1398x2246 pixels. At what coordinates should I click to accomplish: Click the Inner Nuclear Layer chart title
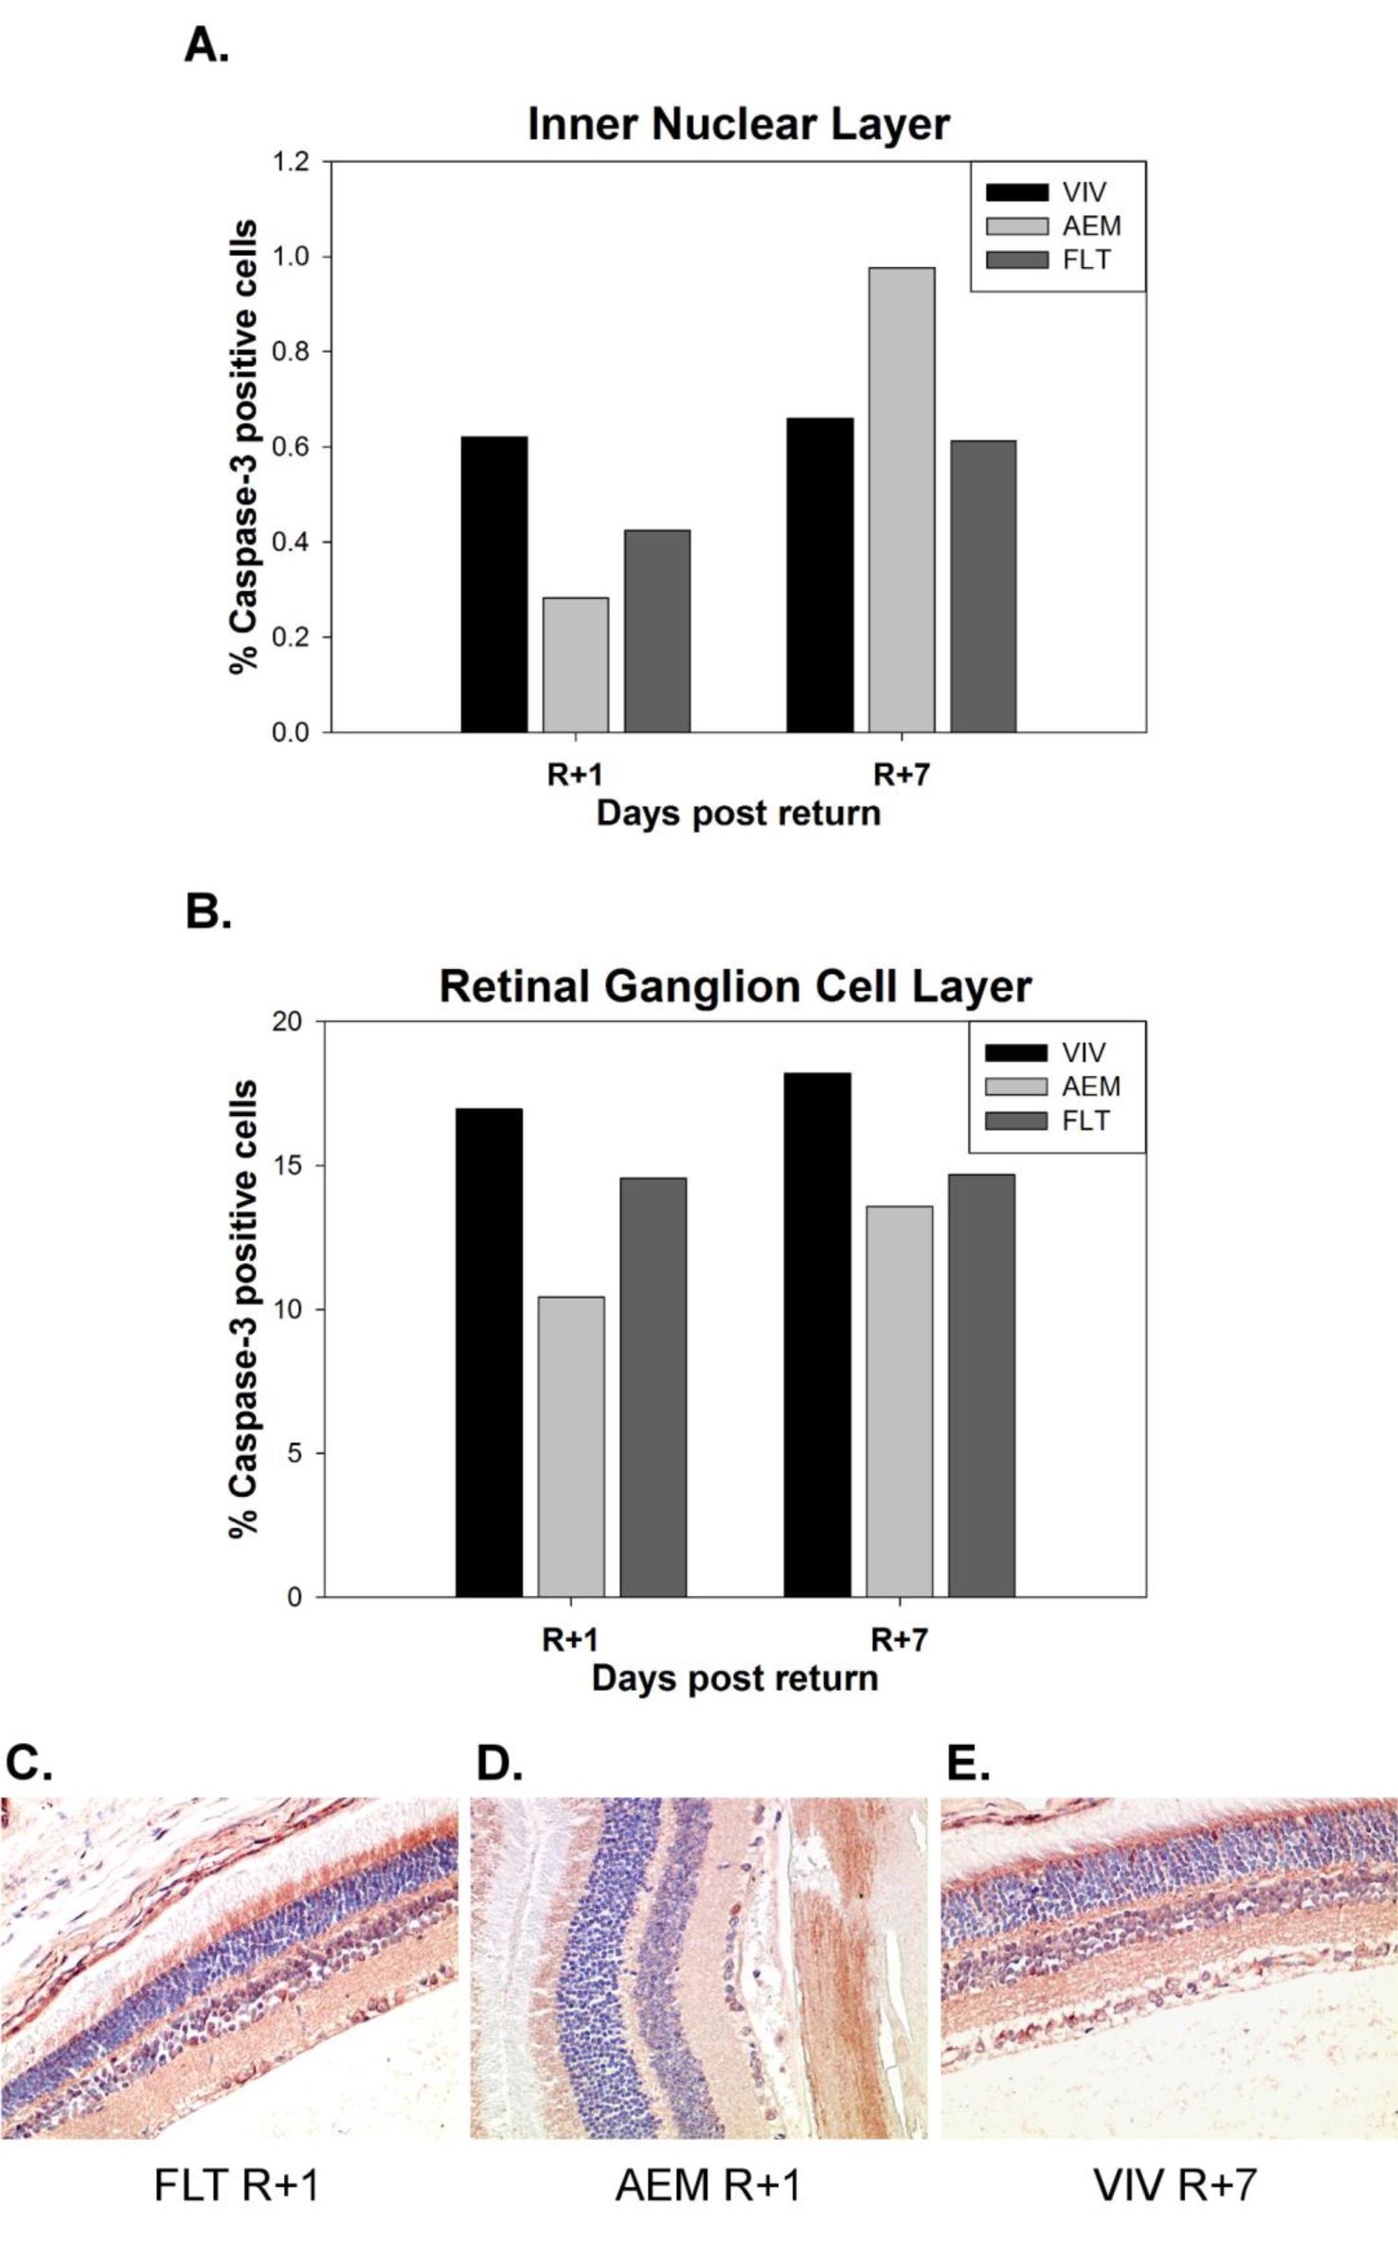point(738,124)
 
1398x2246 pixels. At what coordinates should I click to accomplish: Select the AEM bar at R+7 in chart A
point(901,499)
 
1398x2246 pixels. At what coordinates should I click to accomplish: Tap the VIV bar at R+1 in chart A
point(493,584)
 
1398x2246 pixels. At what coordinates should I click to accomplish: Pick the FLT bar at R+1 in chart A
point(656,630)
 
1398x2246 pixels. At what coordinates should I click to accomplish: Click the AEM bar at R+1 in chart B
point(571,1446)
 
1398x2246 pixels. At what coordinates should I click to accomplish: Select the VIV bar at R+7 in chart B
point(816,1335)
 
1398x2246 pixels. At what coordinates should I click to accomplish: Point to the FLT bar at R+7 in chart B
point(980,1385)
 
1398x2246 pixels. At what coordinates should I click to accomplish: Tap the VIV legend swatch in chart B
point(1015,1052)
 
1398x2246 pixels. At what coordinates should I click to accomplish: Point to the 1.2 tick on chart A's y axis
point(291,162)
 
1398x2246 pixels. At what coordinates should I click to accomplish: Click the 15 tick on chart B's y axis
point(295,1166)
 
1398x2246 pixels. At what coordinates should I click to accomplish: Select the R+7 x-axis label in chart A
point(901,775)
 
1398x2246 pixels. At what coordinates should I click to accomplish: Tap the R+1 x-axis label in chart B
point(570,1640)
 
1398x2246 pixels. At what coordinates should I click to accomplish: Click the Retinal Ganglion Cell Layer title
point(735,986)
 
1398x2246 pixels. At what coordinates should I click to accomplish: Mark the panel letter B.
point(208,912)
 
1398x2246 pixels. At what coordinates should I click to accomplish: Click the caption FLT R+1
point(236,2185)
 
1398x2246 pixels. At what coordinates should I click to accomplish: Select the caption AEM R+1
point(708,2185)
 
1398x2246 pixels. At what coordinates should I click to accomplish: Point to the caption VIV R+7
point(1174,2185)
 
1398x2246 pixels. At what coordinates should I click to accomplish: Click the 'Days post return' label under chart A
point(738,814)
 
